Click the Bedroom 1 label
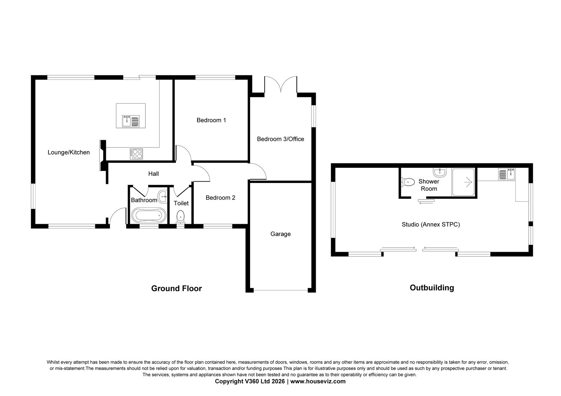pyautogui.click(x=211, y=120)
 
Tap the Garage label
pyautogui.click(x=281, y=234)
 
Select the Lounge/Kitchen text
pyautogui.click(x=69, y=152)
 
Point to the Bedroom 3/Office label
pyautogui.click(x=281, y=139)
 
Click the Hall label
pyautogui.click(x=154, y=173)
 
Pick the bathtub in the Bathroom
pyautogui.click(x=149, y=215)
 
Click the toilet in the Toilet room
pyautogui.click(x=181, y=217)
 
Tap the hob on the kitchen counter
pyautogui.click(x=136, y=153)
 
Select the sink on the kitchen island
pyautogui.click(x=131, y=121)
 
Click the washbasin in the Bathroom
pyautogui.click(x=163, y=197)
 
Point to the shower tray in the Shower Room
pyautogui.click(x=463, y=182)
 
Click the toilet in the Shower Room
pyautogui.click(x=408, y=182)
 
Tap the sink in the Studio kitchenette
pyautogui.click(x=507, y=174)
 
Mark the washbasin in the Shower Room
pyautogui.click(x=440, y=172)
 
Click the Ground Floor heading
pyautogui.click(x=176, y=288)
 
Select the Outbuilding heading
pyautogui.click(x=432, y=288)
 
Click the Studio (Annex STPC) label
pyautogui.click(x=431, y=224)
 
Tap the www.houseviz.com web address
pyautogui.click(x=318, y=381)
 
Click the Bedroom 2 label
pyautogui.click(x=220, y=198)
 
